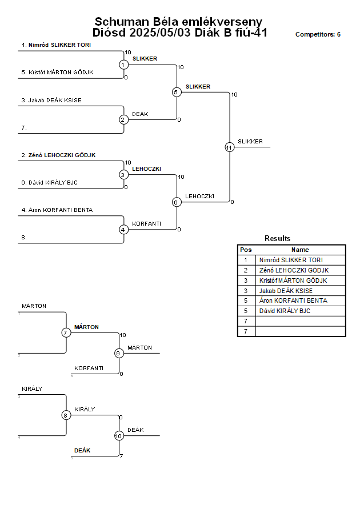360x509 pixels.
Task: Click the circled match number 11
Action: click(x=230, y=147)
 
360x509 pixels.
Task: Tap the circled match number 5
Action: click(x=176, y=92)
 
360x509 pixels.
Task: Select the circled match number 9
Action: click(x=119, y=353)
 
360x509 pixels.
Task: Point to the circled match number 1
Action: click(x=123, y=65)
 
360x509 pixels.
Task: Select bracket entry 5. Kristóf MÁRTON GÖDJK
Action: click(x=58, y=73)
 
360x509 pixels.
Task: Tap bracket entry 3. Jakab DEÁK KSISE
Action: click(x=51, y=101)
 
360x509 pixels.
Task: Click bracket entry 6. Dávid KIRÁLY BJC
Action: click(x=49, y=182)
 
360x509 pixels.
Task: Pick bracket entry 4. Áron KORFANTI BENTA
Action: click(x=57, y=210)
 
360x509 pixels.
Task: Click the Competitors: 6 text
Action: click(x=318, y=34)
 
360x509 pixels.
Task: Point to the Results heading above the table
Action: click(x=277, y=238)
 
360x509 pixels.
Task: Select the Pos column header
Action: click(x=246, y=250)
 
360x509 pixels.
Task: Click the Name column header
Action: click(x=300, y=250)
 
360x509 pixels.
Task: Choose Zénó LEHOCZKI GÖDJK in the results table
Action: click(x=294, y=270)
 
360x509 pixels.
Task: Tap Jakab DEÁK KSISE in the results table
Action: click(x=286, y=291)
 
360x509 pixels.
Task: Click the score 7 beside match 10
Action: click(x=121, y=456)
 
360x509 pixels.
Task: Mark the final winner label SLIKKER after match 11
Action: click(x=250, y=142)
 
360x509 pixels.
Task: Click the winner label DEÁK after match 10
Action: click(x=135, y=430)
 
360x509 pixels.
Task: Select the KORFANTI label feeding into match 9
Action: click(x=89, y=368)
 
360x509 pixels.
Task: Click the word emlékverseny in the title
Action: click(x=222, y=22)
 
